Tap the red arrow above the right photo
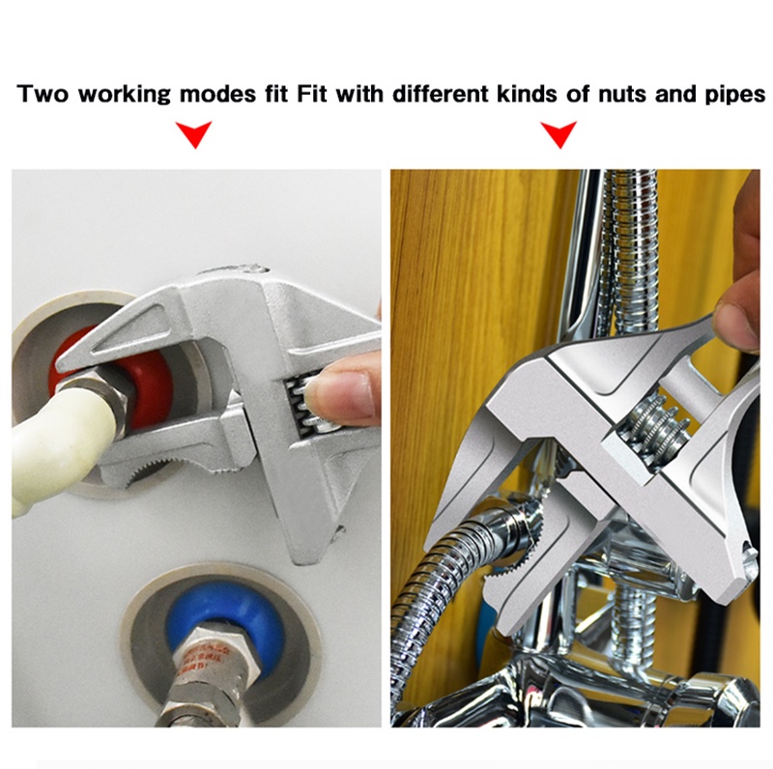click(558, 135)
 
